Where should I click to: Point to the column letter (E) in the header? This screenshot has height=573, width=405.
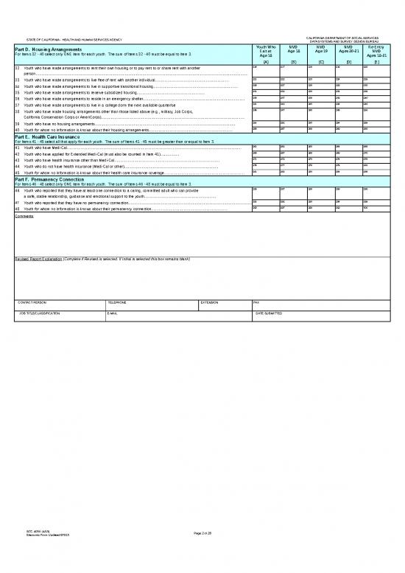376,62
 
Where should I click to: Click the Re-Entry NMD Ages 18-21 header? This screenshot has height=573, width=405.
376,52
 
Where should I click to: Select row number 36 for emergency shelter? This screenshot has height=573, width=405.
18,99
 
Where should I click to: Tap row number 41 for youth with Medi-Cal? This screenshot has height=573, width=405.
18,147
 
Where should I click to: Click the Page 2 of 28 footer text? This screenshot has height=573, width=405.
202,552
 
